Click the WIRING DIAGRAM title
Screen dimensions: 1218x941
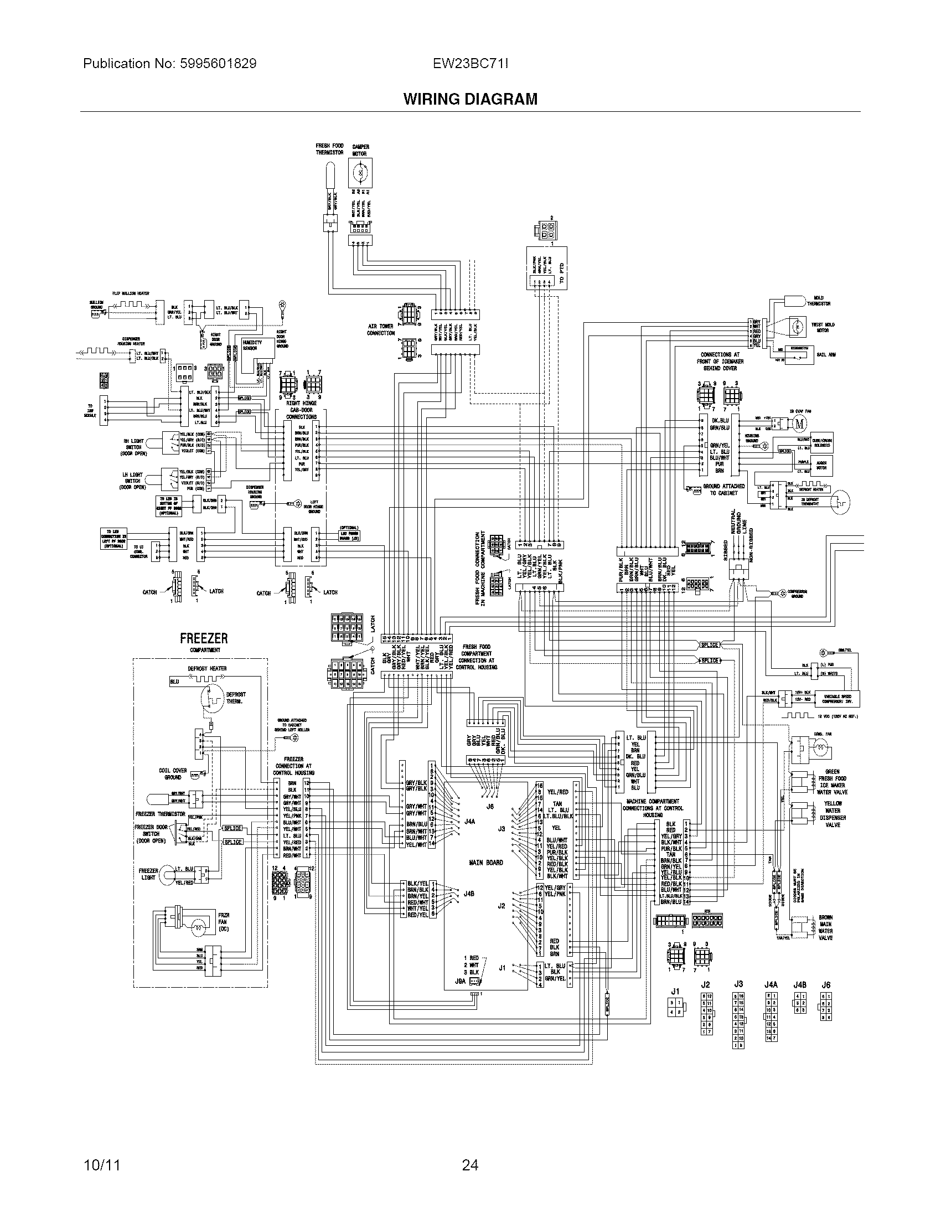[470, 99]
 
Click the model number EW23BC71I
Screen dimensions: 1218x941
[470, 64]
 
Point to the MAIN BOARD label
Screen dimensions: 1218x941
[485, 862]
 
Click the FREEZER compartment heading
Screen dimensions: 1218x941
[204, 638]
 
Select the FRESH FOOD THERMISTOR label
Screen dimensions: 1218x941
[329, 149]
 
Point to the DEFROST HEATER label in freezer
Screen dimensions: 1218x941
[207, 668]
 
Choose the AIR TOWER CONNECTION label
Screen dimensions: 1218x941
[380, 329]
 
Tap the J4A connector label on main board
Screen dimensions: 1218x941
[469, 821]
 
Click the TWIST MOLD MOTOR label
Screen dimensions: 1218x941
[823, 327]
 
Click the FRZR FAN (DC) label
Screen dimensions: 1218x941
[224, 922]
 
